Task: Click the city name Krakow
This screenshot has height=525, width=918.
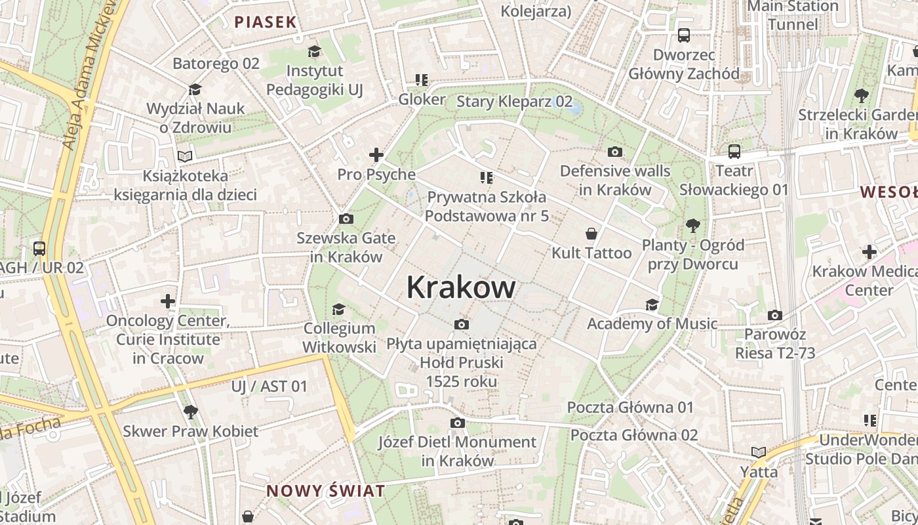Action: coord(461,287)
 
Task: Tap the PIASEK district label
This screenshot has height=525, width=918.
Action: coord(266,22)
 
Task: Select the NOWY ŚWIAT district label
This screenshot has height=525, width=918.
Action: coord(325,491)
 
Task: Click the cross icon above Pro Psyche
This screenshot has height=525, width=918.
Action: coord(376,155)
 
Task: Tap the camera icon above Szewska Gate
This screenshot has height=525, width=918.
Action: coord(346,219)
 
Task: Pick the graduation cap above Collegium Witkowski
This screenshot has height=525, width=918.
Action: coord(338,309)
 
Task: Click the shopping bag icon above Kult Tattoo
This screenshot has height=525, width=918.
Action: coord(591,234)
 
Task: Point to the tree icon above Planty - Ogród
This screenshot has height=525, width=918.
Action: coord(692,226)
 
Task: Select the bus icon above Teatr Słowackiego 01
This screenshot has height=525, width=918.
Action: coord(734,152)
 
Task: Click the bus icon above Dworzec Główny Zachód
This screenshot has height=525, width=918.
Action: coord(684,35)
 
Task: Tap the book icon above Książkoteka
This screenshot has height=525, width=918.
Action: coord(186,157)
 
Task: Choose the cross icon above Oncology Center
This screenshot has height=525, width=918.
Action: coord(168,301)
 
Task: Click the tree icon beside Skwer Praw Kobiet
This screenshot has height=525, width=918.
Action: coord(191,412)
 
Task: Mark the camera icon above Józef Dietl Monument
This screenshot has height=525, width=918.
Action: coord(457,423)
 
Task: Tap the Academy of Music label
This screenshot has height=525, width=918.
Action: coord(652,324)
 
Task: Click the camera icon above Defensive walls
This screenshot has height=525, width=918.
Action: coord(614,152)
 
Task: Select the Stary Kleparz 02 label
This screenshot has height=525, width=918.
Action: coord(514,102)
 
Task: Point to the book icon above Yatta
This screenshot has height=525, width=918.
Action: coord(759,452)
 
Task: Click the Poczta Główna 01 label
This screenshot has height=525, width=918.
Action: coord(630,408)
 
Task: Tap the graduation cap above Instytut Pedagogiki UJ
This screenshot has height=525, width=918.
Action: coord(315,52)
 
